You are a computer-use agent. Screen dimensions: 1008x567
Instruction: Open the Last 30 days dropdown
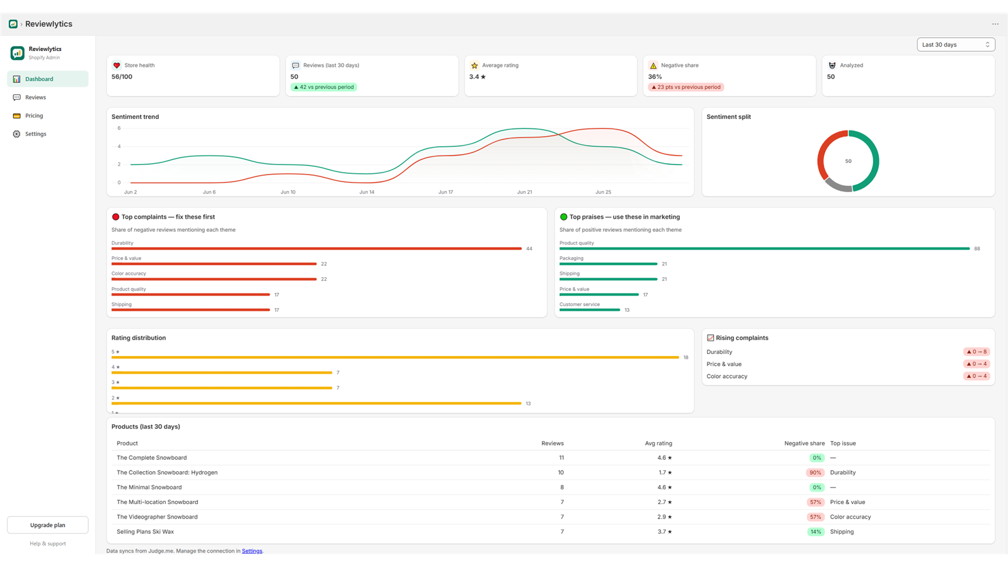956,45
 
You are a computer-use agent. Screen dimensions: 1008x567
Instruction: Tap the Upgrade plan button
48,525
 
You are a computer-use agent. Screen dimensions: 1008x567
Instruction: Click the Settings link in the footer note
252,551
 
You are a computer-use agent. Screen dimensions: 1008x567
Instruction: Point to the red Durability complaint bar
316,248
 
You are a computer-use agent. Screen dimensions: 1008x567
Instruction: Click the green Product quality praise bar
765,248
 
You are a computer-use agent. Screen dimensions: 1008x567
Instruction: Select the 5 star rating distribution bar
395,357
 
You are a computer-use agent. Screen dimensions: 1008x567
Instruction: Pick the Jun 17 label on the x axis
445,192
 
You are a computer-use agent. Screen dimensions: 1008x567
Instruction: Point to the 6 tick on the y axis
119,129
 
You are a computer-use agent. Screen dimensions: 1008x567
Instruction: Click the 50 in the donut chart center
848,161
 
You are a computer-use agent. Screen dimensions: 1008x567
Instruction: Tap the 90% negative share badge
815,472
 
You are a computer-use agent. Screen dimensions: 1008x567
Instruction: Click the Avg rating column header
658,444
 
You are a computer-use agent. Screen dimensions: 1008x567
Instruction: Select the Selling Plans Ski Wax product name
146,532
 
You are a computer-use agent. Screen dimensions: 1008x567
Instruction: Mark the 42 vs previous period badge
324,87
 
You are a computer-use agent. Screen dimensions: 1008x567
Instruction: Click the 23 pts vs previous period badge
686,87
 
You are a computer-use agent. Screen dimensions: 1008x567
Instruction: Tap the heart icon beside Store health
117,66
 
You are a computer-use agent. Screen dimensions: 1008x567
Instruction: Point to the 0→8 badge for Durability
976,352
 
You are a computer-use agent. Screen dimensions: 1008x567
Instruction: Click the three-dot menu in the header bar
995,24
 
